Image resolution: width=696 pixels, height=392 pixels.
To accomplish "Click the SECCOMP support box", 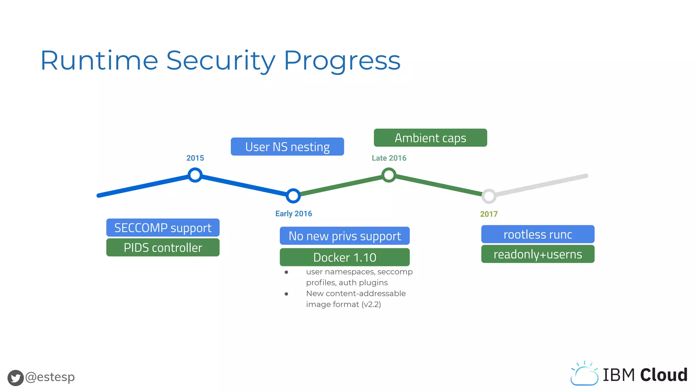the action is pos(163,228).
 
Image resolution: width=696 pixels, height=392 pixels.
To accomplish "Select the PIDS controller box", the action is pos(163,247).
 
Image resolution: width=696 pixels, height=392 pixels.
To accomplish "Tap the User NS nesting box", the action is pos(287,147).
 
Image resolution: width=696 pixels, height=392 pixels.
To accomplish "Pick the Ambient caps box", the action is pos(430,138).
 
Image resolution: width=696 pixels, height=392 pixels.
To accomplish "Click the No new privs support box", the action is pos(345,236).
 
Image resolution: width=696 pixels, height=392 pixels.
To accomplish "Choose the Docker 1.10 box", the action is pos(345,257).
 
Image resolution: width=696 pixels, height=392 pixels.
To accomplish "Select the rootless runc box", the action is pos(538,234).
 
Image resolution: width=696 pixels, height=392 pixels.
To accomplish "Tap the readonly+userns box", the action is pos(538,254).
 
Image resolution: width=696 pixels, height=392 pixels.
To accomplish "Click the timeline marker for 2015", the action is pos(195,175).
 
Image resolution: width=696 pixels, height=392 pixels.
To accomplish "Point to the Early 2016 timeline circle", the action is pos(293,196).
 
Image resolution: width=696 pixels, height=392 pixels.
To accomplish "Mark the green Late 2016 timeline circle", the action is pos(389,175).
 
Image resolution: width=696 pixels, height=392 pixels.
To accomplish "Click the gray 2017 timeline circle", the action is pos(489,196).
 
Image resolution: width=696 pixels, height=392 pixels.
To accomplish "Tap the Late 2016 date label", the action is pos(389,158).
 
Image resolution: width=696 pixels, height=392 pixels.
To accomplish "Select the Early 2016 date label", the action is pos(294,214).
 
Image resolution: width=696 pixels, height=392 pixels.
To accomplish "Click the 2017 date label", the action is pos(489,214).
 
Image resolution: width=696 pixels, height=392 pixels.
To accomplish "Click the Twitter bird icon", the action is pos(16,378).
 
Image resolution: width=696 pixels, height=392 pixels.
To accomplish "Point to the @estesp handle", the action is pos(50,377).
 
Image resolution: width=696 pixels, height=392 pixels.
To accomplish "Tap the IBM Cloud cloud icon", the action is pos(584,374).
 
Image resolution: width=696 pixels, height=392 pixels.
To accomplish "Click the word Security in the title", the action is pos(221,61).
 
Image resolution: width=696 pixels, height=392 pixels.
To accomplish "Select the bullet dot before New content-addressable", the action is pos(286,294).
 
